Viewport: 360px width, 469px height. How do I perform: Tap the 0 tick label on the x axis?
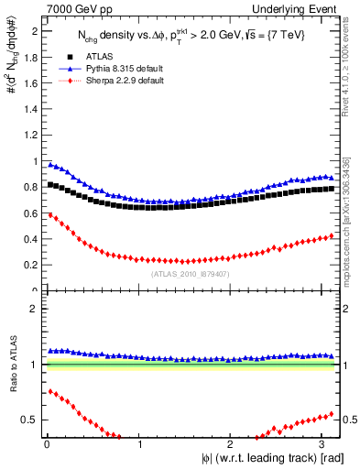coord(46,444)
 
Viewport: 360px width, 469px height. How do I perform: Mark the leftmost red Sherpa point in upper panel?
coord(49,215)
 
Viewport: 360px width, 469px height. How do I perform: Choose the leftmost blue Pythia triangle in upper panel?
coord(49,164)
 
